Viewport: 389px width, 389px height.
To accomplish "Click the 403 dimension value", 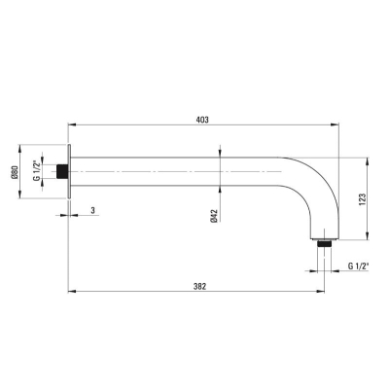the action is coord(202,120).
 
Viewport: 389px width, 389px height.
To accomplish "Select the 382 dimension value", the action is coord(199,287).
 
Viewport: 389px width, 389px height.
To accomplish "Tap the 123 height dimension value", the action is coord(362,199).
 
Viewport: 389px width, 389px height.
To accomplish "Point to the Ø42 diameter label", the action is coord(214,216).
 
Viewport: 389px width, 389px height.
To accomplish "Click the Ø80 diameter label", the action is coord(14,172).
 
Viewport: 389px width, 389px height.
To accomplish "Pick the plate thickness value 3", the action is coord(93,210).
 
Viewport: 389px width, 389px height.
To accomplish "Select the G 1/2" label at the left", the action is coord(37,170).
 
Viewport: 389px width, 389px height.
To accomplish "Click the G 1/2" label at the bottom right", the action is coord(359,266).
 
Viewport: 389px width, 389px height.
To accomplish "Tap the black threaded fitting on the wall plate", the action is coord(62,171).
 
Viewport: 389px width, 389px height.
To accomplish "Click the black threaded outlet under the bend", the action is coord(324,243).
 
